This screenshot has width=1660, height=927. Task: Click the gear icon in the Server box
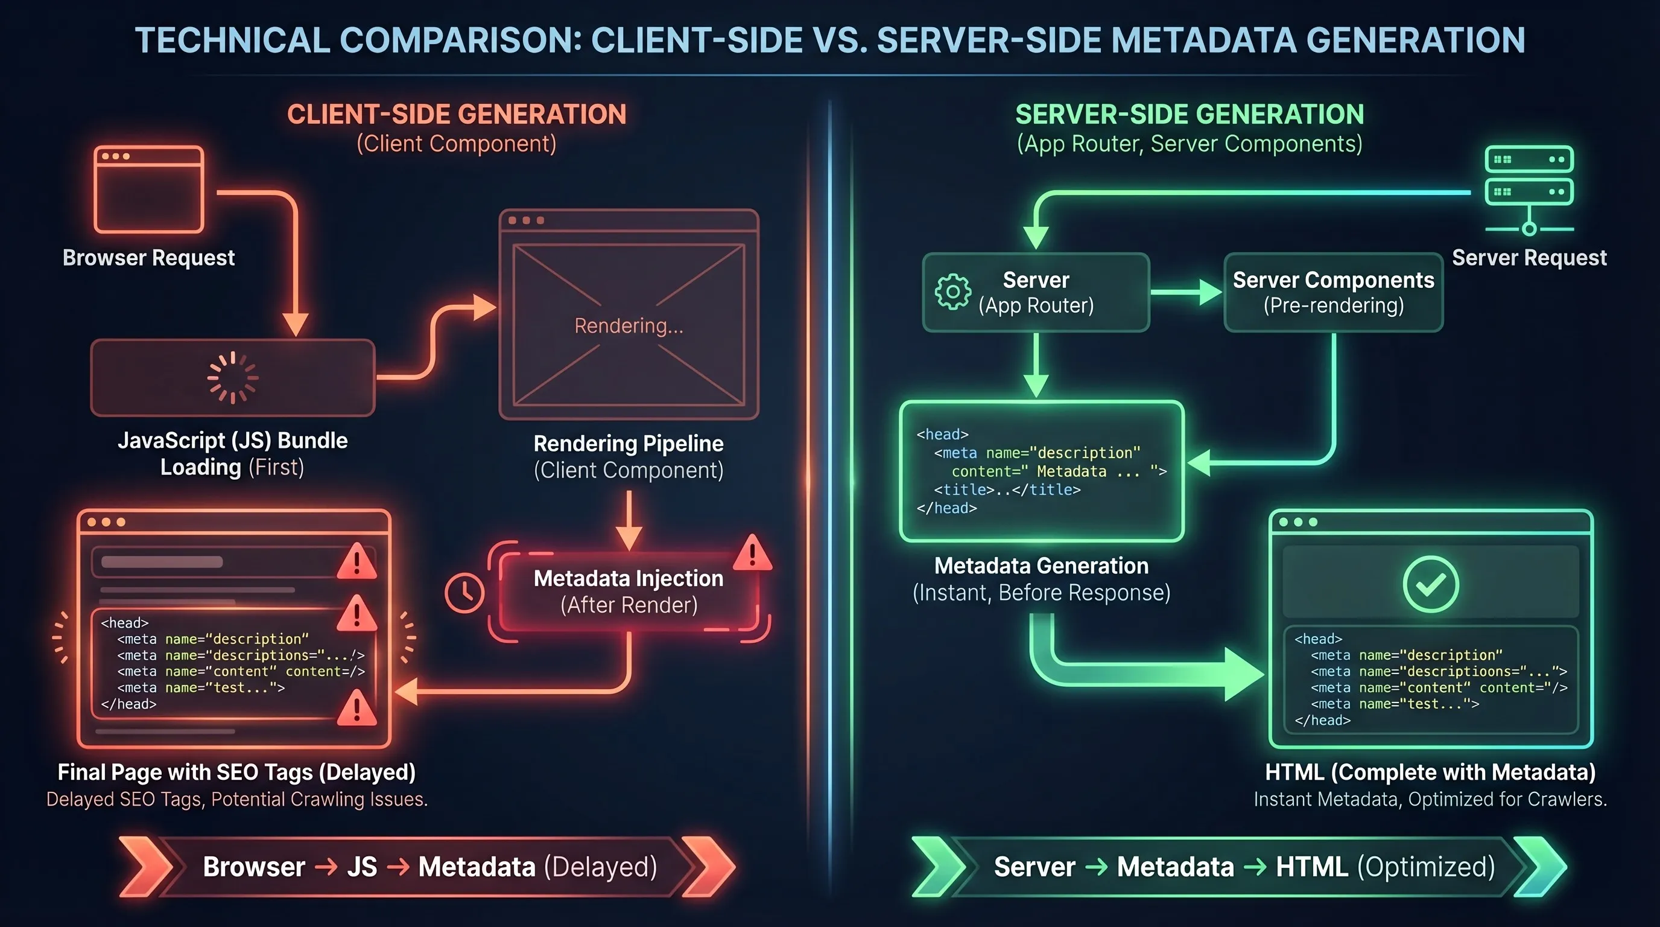click(x=952, y=292)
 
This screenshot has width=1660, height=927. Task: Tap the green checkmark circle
click(x=1430, y=584)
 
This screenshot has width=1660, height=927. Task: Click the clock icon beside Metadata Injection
click(x=464, y=593)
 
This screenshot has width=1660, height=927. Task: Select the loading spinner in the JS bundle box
click(x=233, y=378)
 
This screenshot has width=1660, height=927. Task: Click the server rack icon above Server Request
click(x=1529, y=187)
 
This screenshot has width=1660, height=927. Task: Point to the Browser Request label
click(x=148, y=258)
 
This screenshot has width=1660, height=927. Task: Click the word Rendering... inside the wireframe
click(x=629, y=326)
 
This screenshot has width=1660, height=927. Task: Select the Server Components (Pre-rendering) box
click(x=1332, y=292)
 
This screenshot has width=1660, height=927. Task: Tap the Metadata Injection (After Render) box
click(x=629, y=591)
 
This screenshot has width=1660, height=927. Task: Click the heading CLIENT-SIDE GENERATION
click(x=456, y=115)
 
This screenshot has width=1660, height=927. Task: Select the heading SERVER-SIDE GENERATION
click(x=1189, y=115)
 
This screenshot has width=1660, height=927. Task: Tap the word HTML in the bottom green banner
click(x=1311, y=867)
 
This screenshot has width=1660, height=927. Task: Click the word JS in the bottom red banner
click(x=361, y=867)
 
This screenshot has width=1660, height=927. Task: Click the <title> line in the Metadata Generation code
click(x=1007, y=490)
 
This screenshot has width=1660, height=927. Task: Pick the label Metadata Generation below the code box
click(x=1041, y=566)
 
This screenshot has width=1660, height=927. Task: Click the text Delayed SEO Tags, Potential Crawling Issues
click(x=236, y=800)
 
